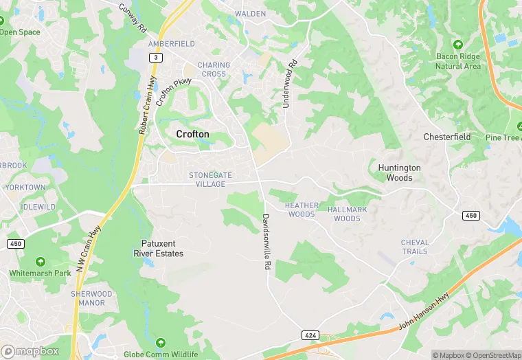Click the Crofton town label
[x=192, y=134]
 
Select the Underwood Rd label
[x=291, y=84]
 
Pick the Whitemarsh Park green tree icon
[x=40, y=262]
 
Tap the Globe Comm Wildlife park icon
[x=160, y=342]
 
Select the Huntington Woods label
[x=399, y=172]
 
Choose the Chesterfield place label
[x=447, y=137]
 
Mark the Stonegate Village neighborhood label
[x=212, y=180]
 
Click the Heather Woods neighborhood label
[x=302, y=210]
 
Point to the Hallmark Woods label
[x=347, y=214]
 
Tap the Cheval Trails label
[x=415, y=247]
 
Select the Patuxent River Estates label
[x=158, y=249]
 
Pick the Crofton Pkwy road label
[x=172, y=91]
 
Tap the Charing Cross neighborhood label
[x=214, y=69]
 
